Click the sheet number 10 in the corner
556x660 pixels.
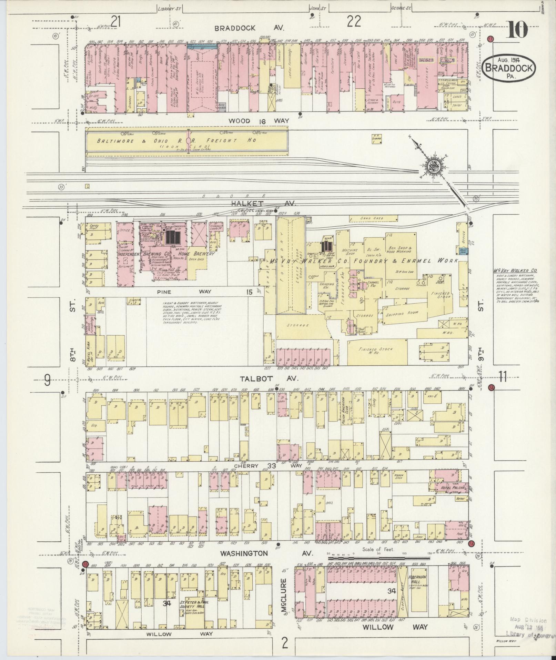517,30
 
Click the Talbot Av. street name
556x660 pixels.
269,378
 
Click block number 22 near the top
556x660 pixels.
354,22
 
